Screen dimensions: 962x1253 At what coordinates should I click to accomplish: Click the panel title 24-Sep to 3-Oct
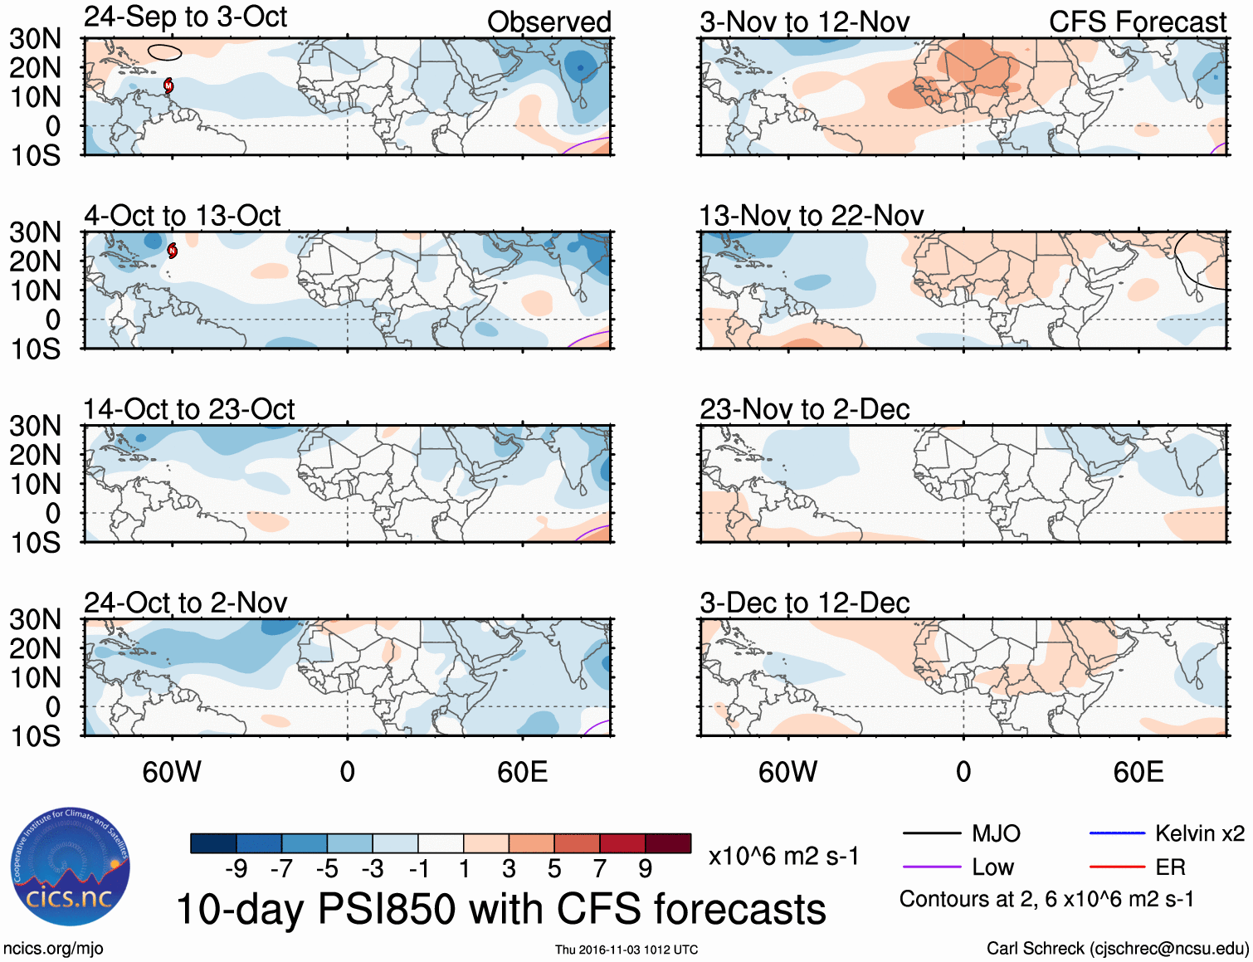click(x=185, y=17)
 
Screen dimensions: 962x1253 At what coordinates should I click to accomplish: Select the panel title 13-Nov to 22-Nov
click(x=811, y=216)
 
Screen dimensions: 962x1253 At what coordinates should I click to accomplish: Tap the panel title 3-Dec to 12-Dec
click(x=804, y=603)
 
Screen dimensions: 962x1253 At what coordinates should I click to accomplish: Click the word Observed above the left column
click(x=548, y=22)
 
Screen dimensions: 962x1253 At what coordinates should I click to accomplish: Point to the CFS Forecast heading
click(x=1137, y=22)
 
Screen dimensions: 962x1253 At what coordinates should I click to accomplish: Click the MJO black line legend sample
click(x=931, y=833)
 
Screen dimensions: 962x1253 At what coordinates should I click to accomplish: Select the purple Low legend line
click(x=931, y=867)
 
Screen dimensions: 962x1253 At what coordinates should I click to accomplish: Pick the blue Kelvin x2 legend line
click(x=1117, y=833)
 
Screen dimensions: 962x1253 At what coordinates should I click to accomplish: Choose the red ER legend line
click(x=1117, y=867)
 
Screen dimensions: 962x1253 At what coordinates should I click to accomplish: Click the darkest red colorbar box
click(x=668, y=843)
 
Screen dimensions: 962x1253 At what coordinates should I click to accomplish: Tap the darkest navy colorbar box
click(x=213, y=843)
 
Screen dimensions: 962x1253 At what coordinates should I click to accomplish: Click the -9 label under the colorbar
click(x=236, y=869)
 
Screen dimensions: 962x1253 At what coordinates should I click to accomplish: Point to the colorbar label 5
click(x=554, y=869)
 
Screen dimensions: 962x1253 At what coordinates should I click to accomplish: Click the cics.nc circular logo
click(x=70, y=867)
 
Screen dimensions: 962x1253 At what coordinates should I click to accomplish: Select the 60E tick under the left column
click(x=522, y=772)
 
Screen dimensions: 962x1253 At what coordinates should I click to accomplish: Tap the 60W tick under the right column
click(x=787, y=772)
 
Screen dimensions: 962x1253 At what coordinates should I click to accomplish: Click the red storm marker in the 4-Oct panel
click(x=173, y=251)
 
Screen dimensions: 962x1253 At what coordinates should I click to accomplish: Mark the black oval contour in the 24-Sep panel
click(x=164, y=52)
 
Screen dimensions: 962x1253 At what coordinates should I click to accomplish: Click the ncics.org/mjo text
click(x=53, y=949)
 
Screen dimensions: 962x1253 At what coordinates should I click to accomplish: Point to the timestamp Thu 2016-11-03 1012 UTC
click(x=626, y=950)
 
